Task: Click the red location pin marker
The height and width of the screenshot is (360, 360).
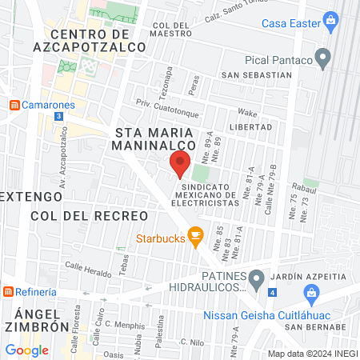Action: (180, 164)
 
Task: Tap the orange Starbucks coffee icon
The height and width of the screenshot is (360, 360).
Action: (194, 237)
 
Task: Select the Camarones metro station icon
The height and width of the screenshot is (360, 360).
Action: (14, 105)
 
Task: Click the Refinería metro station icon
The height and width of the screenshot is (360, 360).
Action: (9, 292)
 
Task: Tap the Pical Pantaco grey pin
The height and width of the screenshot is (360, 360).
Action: (323, 58)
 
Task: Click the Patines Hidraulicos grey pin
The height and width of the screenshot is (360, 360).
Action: (256, 280)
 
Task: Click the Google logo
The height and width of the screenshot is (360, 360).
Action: (26, 350)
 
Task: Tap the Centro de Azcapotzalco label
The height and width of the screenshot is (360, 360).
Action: (99, 41)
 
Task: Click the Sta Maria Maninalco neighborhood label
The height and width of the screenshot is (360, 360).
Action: (155, 138)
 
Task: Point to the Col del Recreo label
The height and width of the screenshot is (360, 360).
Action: (90, 216)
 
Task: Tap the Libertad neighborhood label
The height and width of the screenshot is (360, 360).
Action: (250, 126)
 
